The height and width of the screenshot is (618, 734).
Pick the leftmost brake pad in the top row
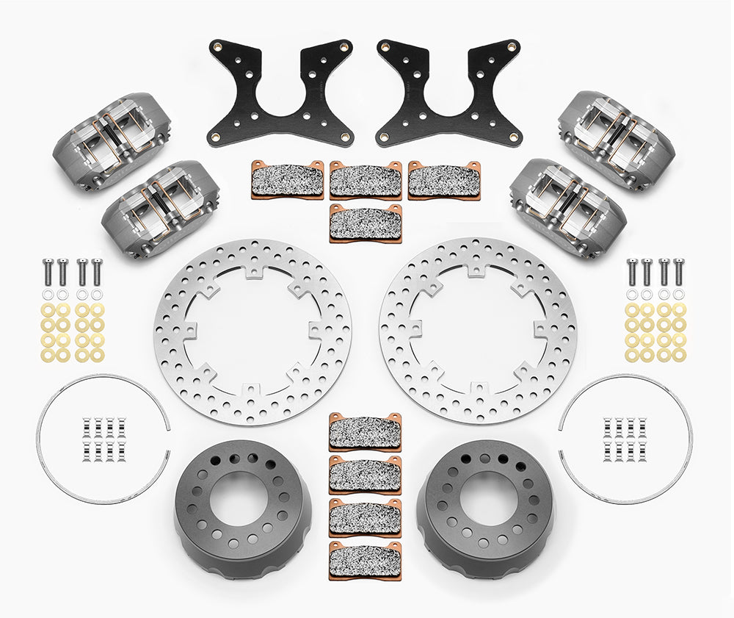[x=288, y=179]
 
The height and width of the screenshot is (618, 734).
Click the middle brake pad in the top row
[x=366, y=179]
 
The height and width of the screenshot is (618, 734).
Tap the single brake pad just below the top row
[x=366, y=223]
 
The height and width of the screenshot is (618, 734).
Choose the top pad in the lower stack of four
[x=365, y=431]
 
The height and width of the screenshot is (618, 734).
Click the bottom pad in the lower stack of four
[x=365, y=558]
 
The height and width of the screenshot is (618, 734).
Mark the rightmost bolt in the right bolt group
[x=678, y=271]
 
